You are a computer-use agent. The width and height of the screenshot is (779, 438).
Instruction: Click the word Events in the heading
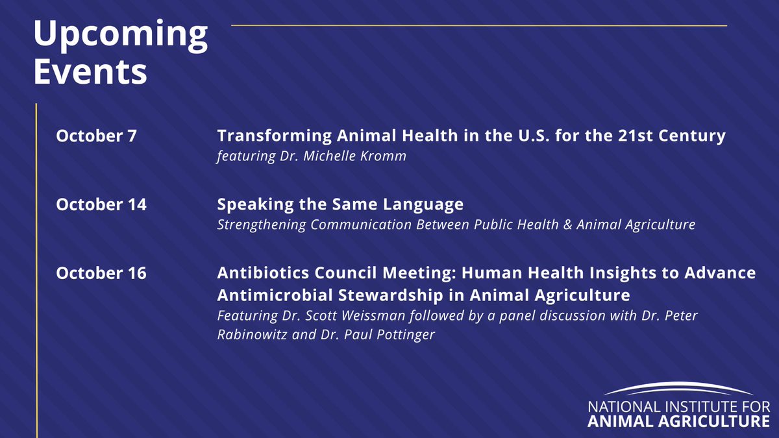pos(90,72)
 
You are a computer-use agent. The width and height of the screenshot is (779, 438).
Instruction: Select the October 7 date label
pos(97,136)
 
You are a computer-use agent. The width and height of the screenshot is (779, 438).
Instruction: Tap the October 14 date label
pos(101,204)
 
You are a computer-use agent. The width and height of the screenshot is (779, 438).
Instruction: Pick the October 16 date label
pos(101,273)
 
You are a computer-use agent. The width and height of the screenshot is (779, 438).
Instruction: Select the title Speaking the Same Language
pos(340,204)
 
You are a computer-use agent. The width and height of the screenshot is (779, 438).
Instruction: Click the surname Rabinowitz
pos(249,335)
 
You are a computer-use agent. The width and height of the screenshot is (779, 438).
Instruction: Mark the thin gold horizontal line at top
pos(479,26)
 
